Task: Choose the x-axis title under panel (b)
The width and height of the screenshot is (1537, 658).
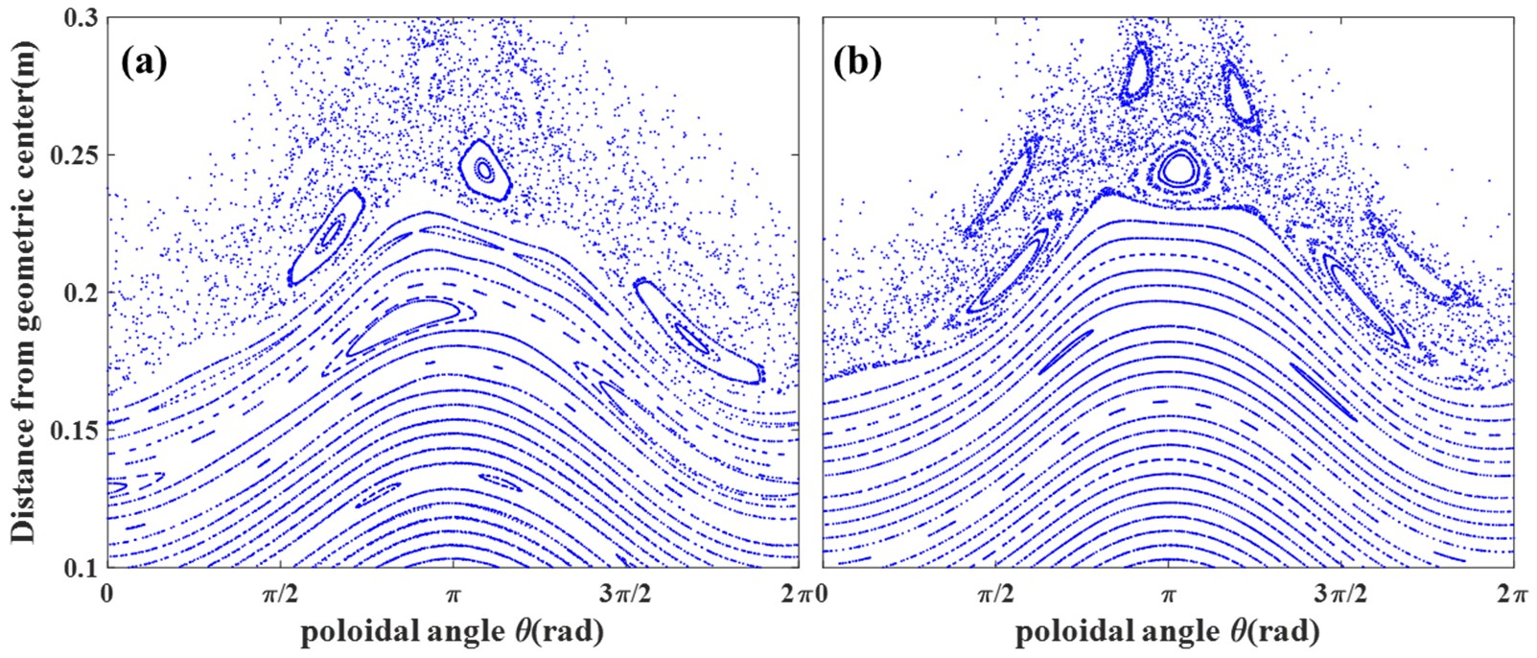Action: pyautogui.click(x=1167, y=631)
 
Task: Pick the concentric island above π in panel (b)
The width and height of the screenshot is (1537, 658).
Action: pyautogui.click(x=1176, y=170)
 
